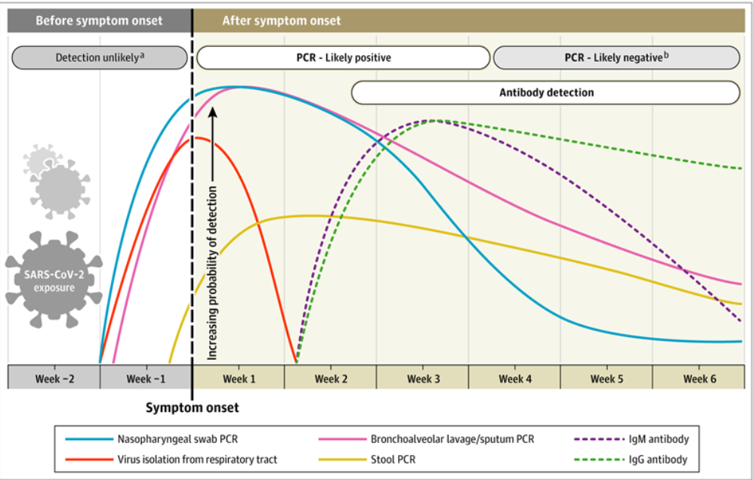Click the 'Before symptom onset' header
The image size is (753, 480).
[99, 20]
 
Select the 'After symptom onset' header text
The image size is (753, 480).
[281, 20]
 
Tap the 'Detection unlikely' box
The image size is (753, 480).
[99, 57]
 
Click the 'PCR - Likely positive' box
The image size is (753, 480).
[344, 57]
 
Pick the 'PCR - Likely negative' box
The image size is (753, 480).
[616, 57]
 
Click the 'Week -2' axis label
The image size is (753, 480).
[54, 378]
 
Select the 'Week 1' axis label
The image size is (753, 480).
[238, 378]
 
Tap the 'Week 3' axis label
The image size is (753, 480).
[422, 378]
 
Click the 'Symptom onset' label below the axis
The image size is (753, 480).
[192, 408]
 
